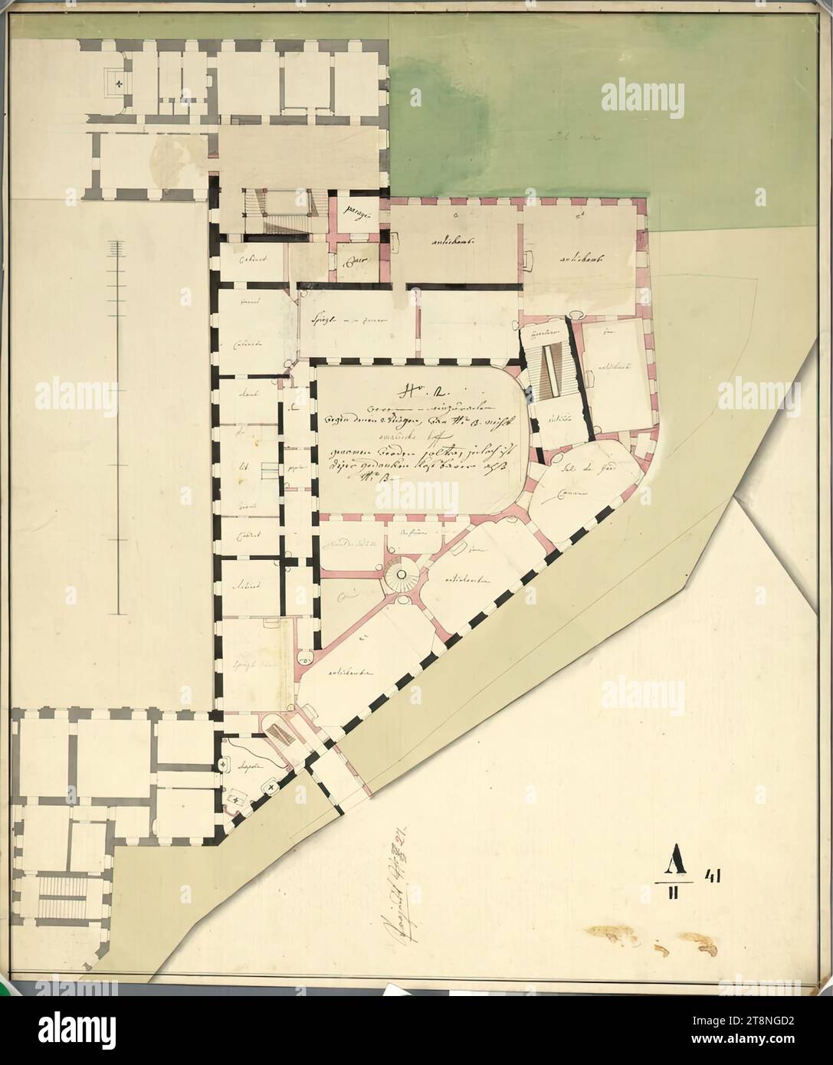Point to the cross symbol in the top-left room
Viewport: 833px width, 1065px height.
click(x=120, y=81)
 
